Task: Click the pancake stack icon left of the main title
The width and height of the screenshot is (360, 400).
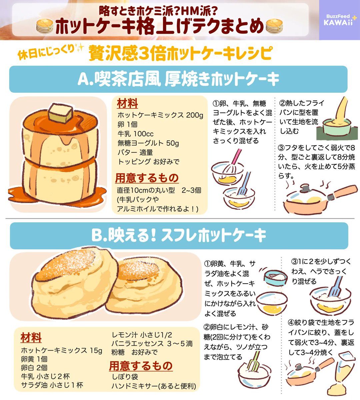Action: click(x=45, y=26)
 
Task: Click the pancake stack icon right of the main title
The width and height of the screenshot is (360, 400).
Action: click(x=274, y=26)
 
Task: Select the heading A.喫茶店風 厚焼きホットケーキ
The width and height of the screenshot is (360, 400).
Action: click(x=178, y=79)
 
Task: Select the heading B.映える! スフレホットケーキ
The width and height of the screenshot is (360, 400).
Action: click(x=179, y=236)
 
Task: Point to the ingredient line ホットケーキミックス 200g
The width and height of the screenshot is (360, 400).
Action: click(x=160, y=115)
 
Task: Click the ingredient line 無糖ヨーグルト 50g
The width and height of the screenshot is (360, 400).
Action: click(x=148, y=143)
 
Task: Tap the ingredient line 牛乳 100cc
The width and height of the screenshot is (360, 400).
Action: click(x=135, y=134)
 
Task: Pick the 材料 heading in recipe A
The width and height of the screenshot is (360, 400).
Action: click(x=127, y=103)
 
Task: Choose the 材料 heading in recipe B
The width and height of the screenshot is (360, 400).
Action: click(x=31, y=337)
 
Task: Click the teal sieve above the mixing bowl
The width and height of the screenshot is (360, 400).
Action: click(x=275, y=277)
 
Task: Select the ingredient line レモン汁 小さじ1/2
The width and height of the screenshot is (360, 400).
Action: click(x=142, y=335)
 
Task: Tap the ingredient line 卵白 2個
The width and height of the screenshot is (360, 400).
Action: click(x=34, y=368)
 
